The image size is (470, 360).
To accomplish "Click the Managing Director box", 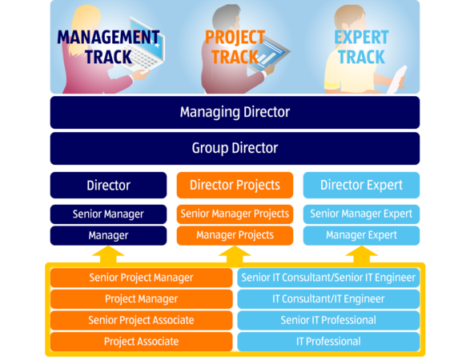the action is (235, 112).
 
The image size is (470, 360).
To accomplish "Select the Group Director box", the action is (235, 148).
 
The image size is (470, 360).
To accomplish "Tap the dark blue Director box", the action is (108, 185).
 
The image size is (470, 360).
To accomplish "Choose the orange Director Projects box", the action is (235, 185).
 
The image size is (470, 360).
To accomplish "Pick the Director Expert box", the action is (361, 185).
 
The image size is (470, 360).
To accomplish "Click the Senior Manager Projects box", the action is (235, 214).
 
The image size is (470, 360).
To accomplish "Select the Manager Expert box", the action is (361, 235).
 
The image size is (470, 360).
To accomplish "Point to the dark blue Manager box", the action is (108, 235).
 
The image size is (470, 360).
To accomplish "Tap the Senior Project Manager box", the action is (141, 278).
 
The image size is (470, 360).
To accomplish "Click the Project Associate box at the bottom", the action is (141, 342).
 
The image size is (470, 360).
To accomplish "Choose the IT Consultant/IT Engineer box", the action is (328, 299).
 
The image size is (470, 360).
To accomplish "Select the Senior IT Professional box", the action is (328, 320).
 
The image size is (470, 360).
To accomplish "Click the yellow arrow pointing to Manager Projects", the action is (235, 255).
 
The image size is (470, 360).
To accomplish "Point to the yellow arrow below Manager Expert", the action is (361, 255).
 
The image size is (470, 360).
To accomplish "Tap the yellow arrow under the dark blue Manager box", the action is (108, 255).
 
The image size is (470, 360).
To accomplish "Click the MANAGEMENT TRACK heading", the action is (108, 47).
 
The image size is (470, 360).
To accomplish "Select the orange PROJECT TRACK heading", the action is (235, 47).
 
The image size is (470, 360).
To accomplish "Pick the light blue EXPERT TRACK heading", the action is (361, 47).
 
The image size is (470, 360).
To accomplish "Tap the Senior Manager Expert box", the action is (361, 214).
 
